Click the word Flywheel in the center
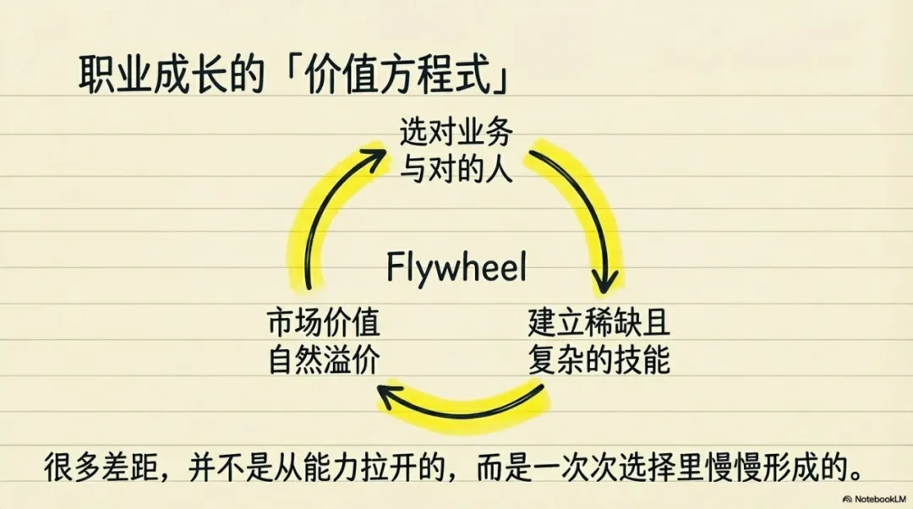tap(456, 267)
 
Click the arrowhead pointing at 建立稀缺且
tap(606, 281)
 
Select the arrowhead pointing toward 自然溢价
tap(389, 393)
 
